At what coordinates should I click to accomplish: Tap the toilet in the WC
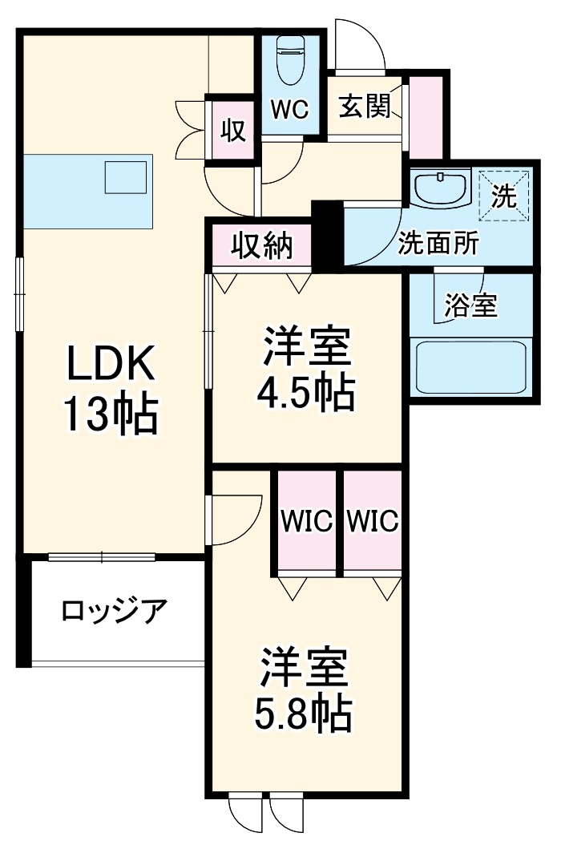289,59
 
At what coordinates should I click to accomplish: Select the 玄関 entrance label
364,107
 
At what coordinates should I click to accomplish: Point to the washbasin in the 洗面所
442,189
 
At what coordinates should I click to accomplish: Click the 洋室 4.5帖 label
305,368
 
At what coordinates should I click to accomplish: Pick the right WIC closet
373,522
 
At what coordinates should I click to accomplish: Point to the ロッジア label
114,612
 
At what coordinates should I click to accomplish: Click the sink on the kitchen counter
126,177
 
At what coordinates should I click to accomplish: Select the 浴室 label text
470,305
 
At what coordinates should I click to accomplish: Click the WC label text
289,110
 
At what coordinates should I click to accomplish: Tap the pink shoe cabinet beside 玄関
425,118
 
